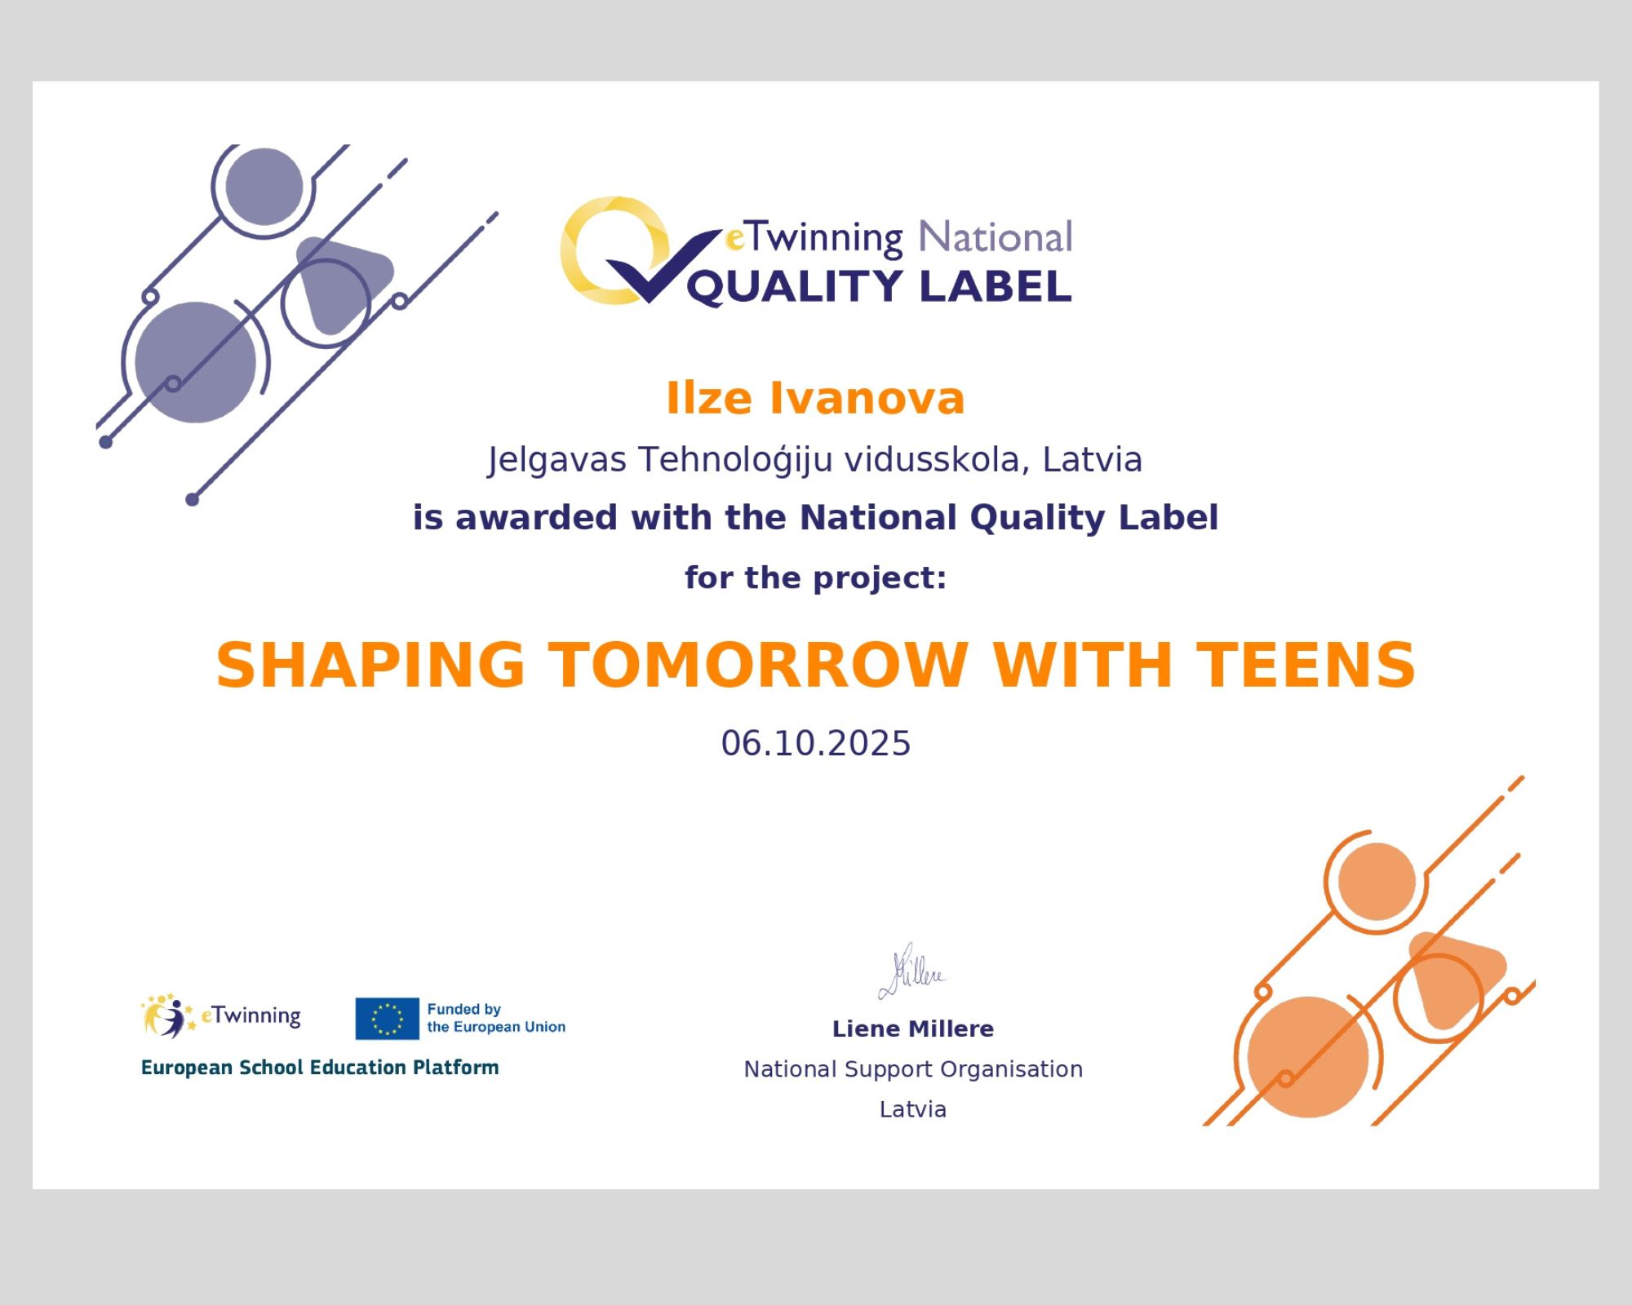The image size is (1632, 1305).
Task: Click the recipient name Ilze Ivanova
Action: pyautogui.click(x=815, y=399)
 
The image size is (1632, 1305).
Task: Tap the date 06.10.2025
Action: pyautogui.click(x=815, y=743)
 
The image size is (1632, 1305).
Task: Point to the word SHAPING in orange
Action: pyautogui.click(x=370, y=665)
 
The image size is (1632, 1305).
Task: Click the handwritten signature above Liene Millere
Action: pyautogui.click(x=912, y=971)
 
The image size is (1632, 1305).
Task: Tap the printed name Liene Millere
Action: pyautogui.click(x=912, y=1029)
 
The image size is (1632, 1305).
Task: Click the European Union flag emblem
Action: pyautogui.click(x=387, y=1019)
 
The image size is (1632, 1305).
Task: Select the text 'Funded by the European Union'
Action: pyautogui.click(x=496, y=1018)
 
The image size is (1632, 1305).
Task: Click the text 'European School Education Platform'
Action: pyautogui.click(x=320, y=1068)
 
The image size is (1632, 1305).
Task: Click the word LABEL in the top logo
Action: pyautogui.click(x=995, y=286)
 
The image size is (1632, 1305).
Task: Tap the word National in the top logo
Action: pyautogui.click(x=995, y=237)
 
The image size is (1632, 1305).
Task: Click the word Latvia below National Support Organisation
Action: pyautogui.click(x=912, y=1109)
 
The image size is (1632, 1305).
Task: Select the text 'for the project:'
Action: pyautogui.click(x=815, y=577)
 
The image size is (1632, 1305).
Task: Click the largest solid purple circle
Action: pyautogui.click(x=195, y=362)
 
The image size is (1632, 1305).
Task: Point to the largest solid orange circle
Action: pyautogui.click(x=1308, y=1057)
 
